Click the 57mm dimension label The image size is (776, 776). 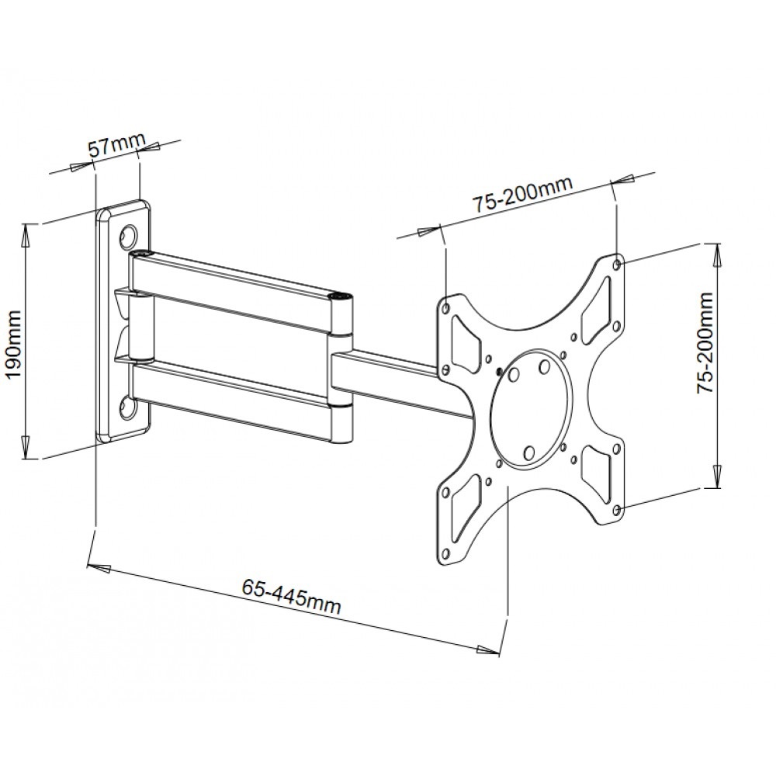[116, 146]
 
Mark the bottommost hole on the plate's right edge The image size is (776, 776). [617, 510]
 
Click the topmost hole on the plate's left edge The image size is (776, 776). [446, 307]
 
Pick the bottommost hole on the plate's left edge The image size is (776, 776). [445, 556]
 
